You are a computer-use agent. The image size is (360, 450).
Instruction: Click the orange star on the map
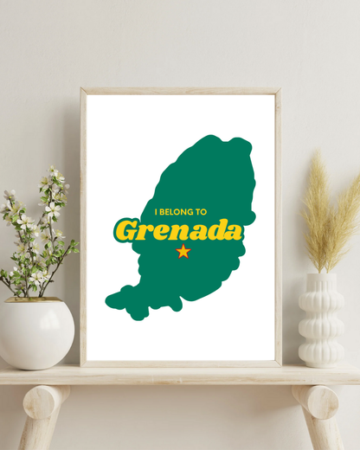pyautogui.click(x=183, y=252)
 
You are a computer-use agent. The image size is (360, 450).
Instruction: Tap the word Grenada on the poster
pyautogui.click(x=179, y=231)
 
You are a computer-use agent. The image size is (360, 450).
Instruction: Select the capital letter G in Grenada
pyautogui.click(x=126, y=231)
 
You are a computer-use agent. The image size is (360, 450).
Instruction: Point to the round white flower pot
pyautogui.click(x=35, y=332)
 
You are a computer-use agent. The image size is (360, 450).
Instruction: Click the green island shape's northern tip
pyautogui.click(x=234, y=140)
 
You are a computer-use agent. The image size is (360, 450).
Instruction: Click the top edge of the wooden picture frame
pyautogui.click(x=180, y=90)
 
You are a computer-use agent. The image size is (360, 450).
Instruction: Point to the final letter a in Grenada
pyautogui.click(x=231, y=231)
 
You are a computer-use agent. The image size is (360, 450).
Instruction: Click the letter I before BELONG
pyautogui.click(x=157, y=211)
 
